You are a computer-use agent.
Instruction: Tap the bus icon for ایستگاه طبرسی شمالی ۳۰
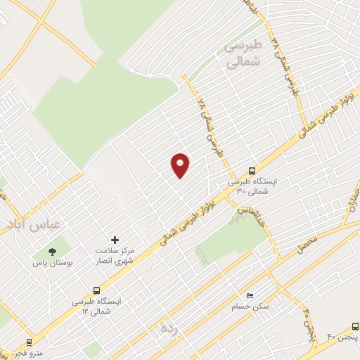[x=252, y=170]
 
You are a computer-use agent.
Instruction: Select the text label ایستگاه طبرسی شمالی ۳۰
[x=253, y=186]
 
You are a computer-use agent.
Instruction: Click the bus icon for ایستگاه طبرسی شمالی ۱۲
[x=96, y=290]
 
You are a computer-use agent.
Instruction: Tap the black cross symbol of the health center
[x=115, y=240]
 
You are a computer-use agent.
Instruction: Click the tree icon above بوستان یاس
[x=51, y=251]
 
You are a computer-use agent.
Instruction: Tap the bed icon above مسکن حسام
[x=249, y=296]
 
